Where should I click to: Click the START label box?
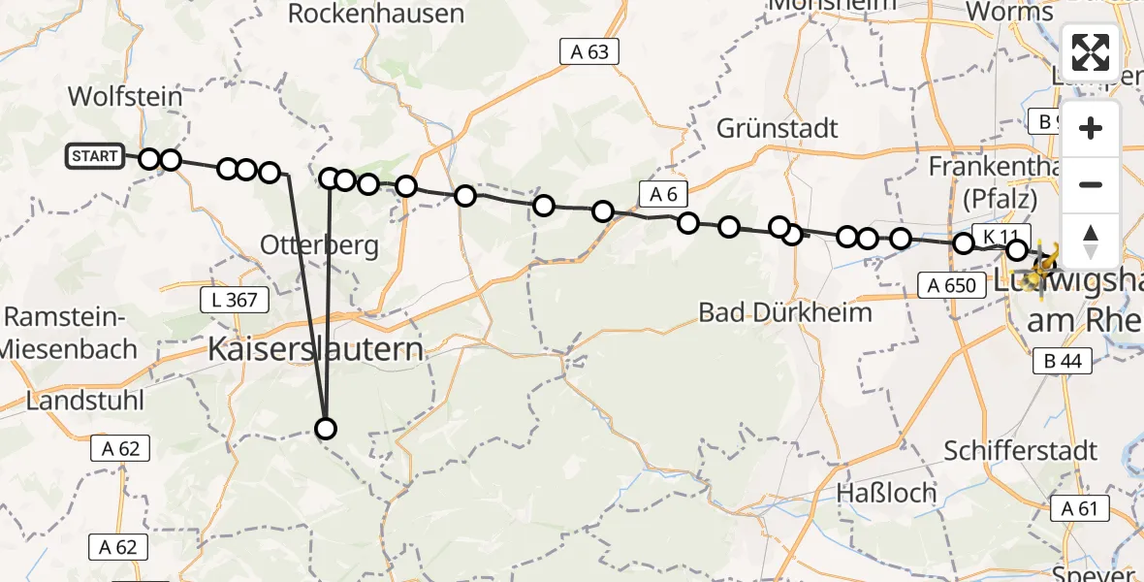[x=95, y=156]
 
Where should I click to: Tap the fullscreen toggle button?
[x=1091, y=52]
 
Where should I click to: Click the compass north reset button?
[x=1091, y=242]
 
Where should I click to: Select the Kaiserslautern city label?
[x=317, y=349]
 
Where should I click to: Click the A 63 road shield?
[x=589, y=52]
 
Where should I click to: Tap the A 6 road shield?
[x=663, y=195]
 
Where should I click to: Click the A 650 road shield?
[x=948, y=284]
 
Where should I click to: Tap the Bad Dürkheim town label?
[x=785, y=312]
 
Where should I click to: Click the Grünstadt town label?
[x=778, y=128]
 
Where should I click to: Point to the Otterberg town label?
[x=319, y=245]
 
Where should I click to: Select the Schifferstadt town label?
[x=1020, y=450]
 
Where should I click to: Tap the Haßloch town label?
[x=888, y=493]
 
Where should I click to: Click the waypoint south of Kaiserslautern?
[x=326, y=429]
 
